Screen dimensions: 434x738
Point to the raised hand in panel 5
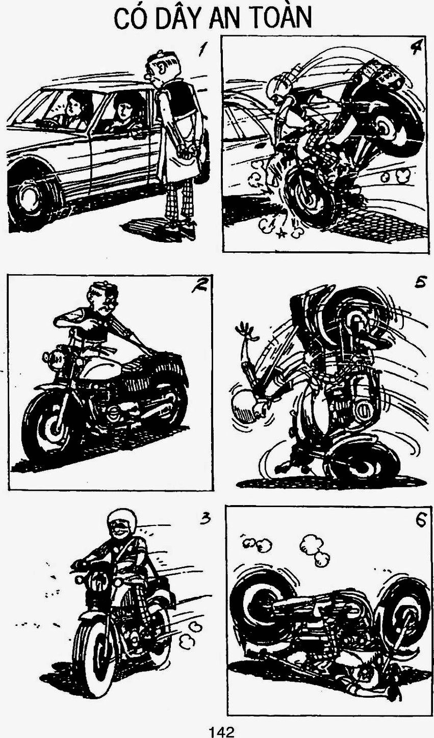point(246,329)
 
